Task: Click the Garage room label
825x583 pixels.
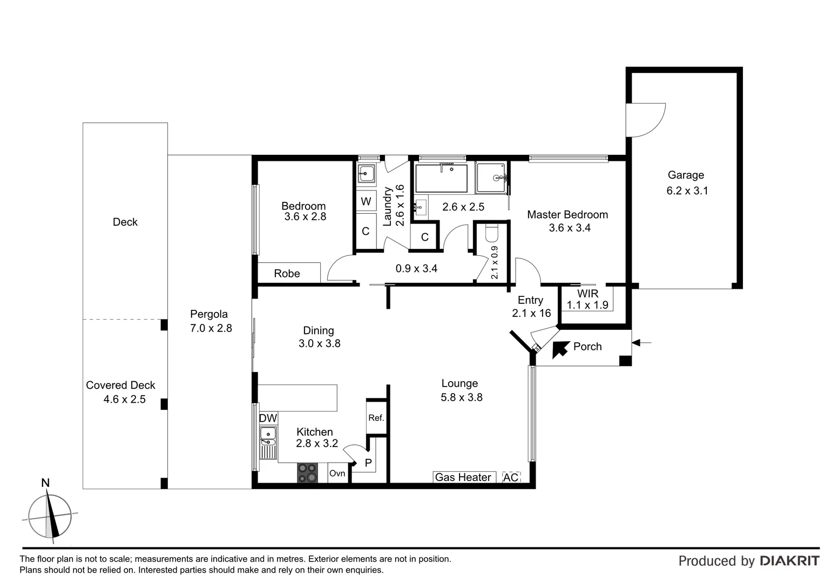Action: (x=686, y=175)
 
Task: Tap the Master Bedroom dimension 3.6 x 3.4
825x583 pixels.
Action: (x=570, y=228)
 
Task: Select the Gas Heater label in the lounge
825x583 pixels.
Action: (x=463, y=477)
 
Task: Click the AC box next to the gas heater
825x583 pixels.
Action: (x=511, y=477)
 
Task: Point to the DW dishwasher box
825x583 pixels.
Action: (x=268, y=418)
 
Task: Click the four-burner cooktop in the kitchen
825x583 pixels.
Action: (x=308, y=473)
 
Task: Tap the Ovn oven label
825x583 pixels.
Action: (x=337, y=473)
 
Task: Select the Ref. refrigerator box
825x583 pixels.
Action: (x=376, y=418)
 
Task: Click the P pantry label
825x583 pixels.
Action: (x=368, y=463)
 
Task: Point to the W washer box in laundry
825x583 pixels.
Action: (x=366, y=202)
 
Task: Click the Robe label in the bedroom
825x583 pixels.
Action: (x=287, y=274)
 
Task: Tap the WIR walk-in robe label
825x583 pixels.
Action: (x=587, y=294)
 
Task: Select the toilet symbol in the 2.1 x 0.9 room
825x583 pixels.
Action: (x=492, y=234)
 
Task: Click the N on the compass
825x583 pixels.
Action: (x=45, y=483)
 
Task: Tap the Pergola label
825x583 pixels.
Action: (x=209, y=314)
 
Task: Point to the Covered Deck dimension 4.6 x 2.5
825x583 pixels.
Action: (x=124, y=399)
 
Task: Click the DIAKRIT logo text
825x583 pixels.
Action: (x=789, y=561)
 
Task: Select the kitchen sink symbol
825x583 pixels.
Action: (x=268, y=436)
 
